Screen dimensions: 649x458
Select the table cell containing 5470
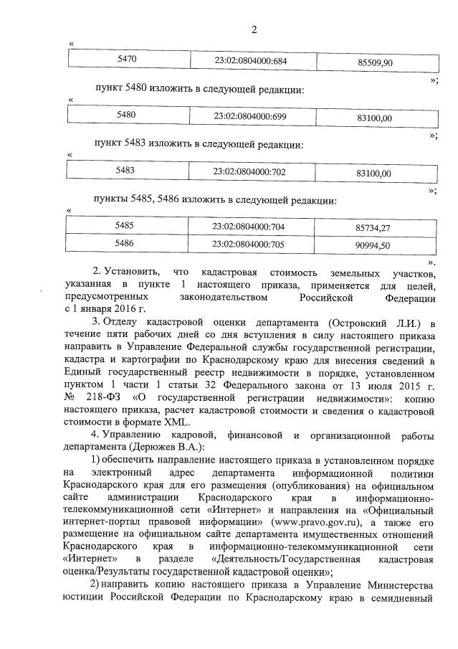(130, 61)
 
